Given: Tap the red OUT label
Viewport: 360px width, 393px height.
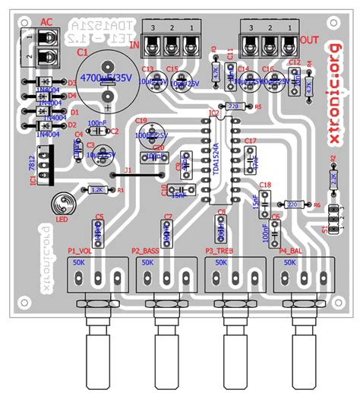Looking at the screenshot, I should click(x=309, y=39).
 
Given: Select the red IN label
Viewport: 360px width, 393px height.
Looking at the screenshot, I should click(x=137, y=44).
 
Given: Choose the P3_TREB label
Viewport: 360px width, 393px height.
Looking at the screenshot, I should click(x=220, y=250).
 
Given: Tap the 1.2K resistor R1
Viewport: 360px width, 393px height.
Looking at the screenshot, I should click(x=96, y=190).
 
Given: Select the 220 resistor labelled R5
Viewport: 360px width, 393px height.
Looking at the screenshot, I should click(x=232, y=106).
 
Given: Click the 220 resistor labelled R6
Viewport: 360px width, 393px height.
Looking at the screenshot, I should click(x=292, y=204).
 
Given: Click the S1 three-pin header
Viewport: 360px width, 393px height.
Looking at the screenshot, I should click(x=332, y=224).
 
